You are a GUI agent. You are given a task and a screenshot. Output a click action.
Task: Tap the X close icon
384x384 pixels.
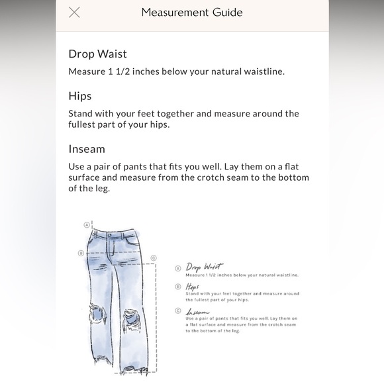(74, 13)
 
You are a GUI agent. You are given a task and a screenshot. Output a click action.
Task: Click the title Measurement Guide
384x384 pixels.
(192, 13)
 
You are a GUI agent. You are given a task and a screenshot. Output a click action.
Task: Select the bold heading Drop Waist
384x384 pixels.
(97, 54)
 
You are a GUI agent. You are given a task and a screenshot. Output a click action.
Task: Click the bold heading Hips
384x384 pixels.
(80, 96)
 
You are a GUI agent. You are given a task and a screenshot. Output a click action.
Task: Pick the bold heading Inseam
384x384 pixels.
(87, 149)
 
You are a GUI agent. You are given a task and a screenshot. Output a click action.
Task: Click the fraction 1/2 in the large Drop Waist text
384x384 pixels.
(128, 71)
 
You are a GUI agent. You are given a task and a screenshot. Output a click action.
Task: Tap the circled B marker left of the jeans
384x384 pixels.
(81, 252)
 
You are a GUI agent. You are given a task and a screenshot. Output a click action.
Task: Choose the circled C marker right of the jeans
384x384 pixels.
(154, 258)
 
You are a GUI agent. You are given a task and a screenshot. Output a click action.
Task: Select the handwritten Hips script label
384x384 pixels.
(193, 286)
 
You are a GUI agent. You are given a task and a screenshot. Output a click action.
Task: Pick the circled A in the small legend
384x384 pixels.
(178, 268)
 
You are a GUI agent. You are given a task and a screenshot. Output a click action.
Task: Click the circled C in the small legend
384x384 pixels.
(178, 311)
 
